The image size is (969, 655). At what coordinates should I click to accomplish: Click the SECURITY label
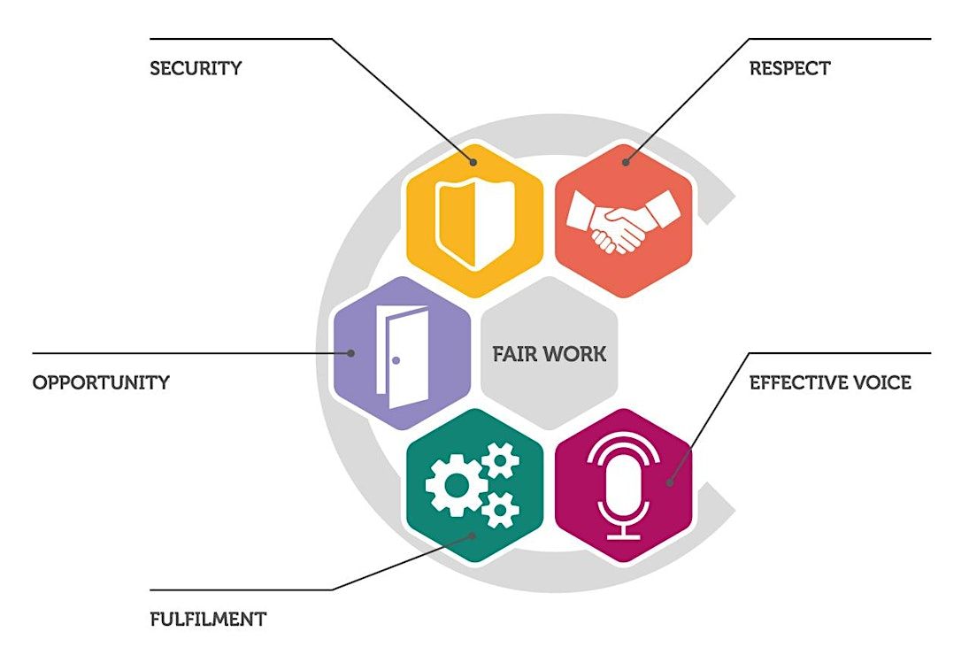[x=195, y=68]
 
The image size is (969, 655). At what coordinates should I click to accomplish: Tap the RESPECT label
[x=789, y=68]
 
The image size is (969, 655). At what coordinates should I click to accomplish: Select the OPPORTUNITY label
[x=101, y=383]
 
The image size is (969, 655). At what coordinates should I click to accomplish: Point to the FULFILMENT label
[x=208, y=619]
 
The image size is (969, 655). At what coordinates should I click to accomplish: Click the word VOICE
[x=881, y=383]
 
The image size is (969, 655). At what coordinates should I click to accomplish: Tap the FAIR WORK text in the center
[x=549, y=354]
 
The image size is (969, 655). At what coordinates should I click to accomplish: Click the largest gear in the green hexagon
[x=454, y=484]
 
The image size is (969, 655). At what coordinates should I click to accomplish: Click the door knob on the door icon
[x=396, y=361]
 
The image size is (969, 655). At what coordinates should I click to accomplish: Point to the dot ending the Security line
[x=474, y=162]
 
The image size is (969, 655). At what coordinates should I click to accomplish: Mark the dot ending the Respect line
[x=625, y=162]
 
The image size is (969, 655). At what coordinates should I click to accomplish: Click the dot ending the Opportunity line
[x=350, y=353]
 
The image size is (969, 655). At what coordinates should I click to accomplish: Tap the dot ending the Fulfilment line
[x=473, y=536]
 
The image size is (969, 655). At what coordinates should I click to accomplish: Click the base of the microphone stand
[x=623, y=535]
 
